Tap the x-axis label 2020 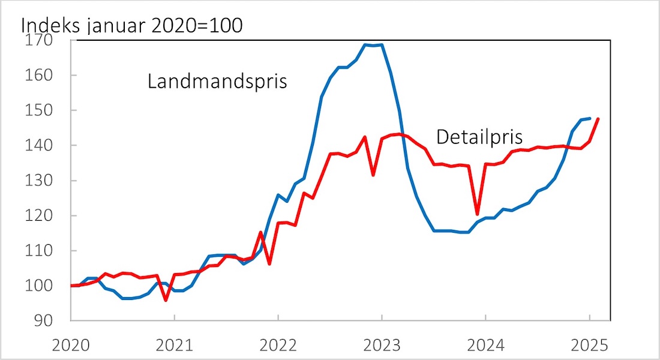(x=71, y=346)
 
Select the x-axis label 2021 (x=175, y=346)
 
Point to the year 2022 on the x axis (x=278, y=346)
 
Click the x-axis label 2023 (x=382, y=346)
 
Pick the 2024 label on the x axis (x=485, y=346)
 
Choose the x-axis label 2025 (x=589, y=346)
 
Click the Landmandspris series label (x=217, y=82)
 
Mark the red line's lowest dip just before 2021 (x=166, y=300)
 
